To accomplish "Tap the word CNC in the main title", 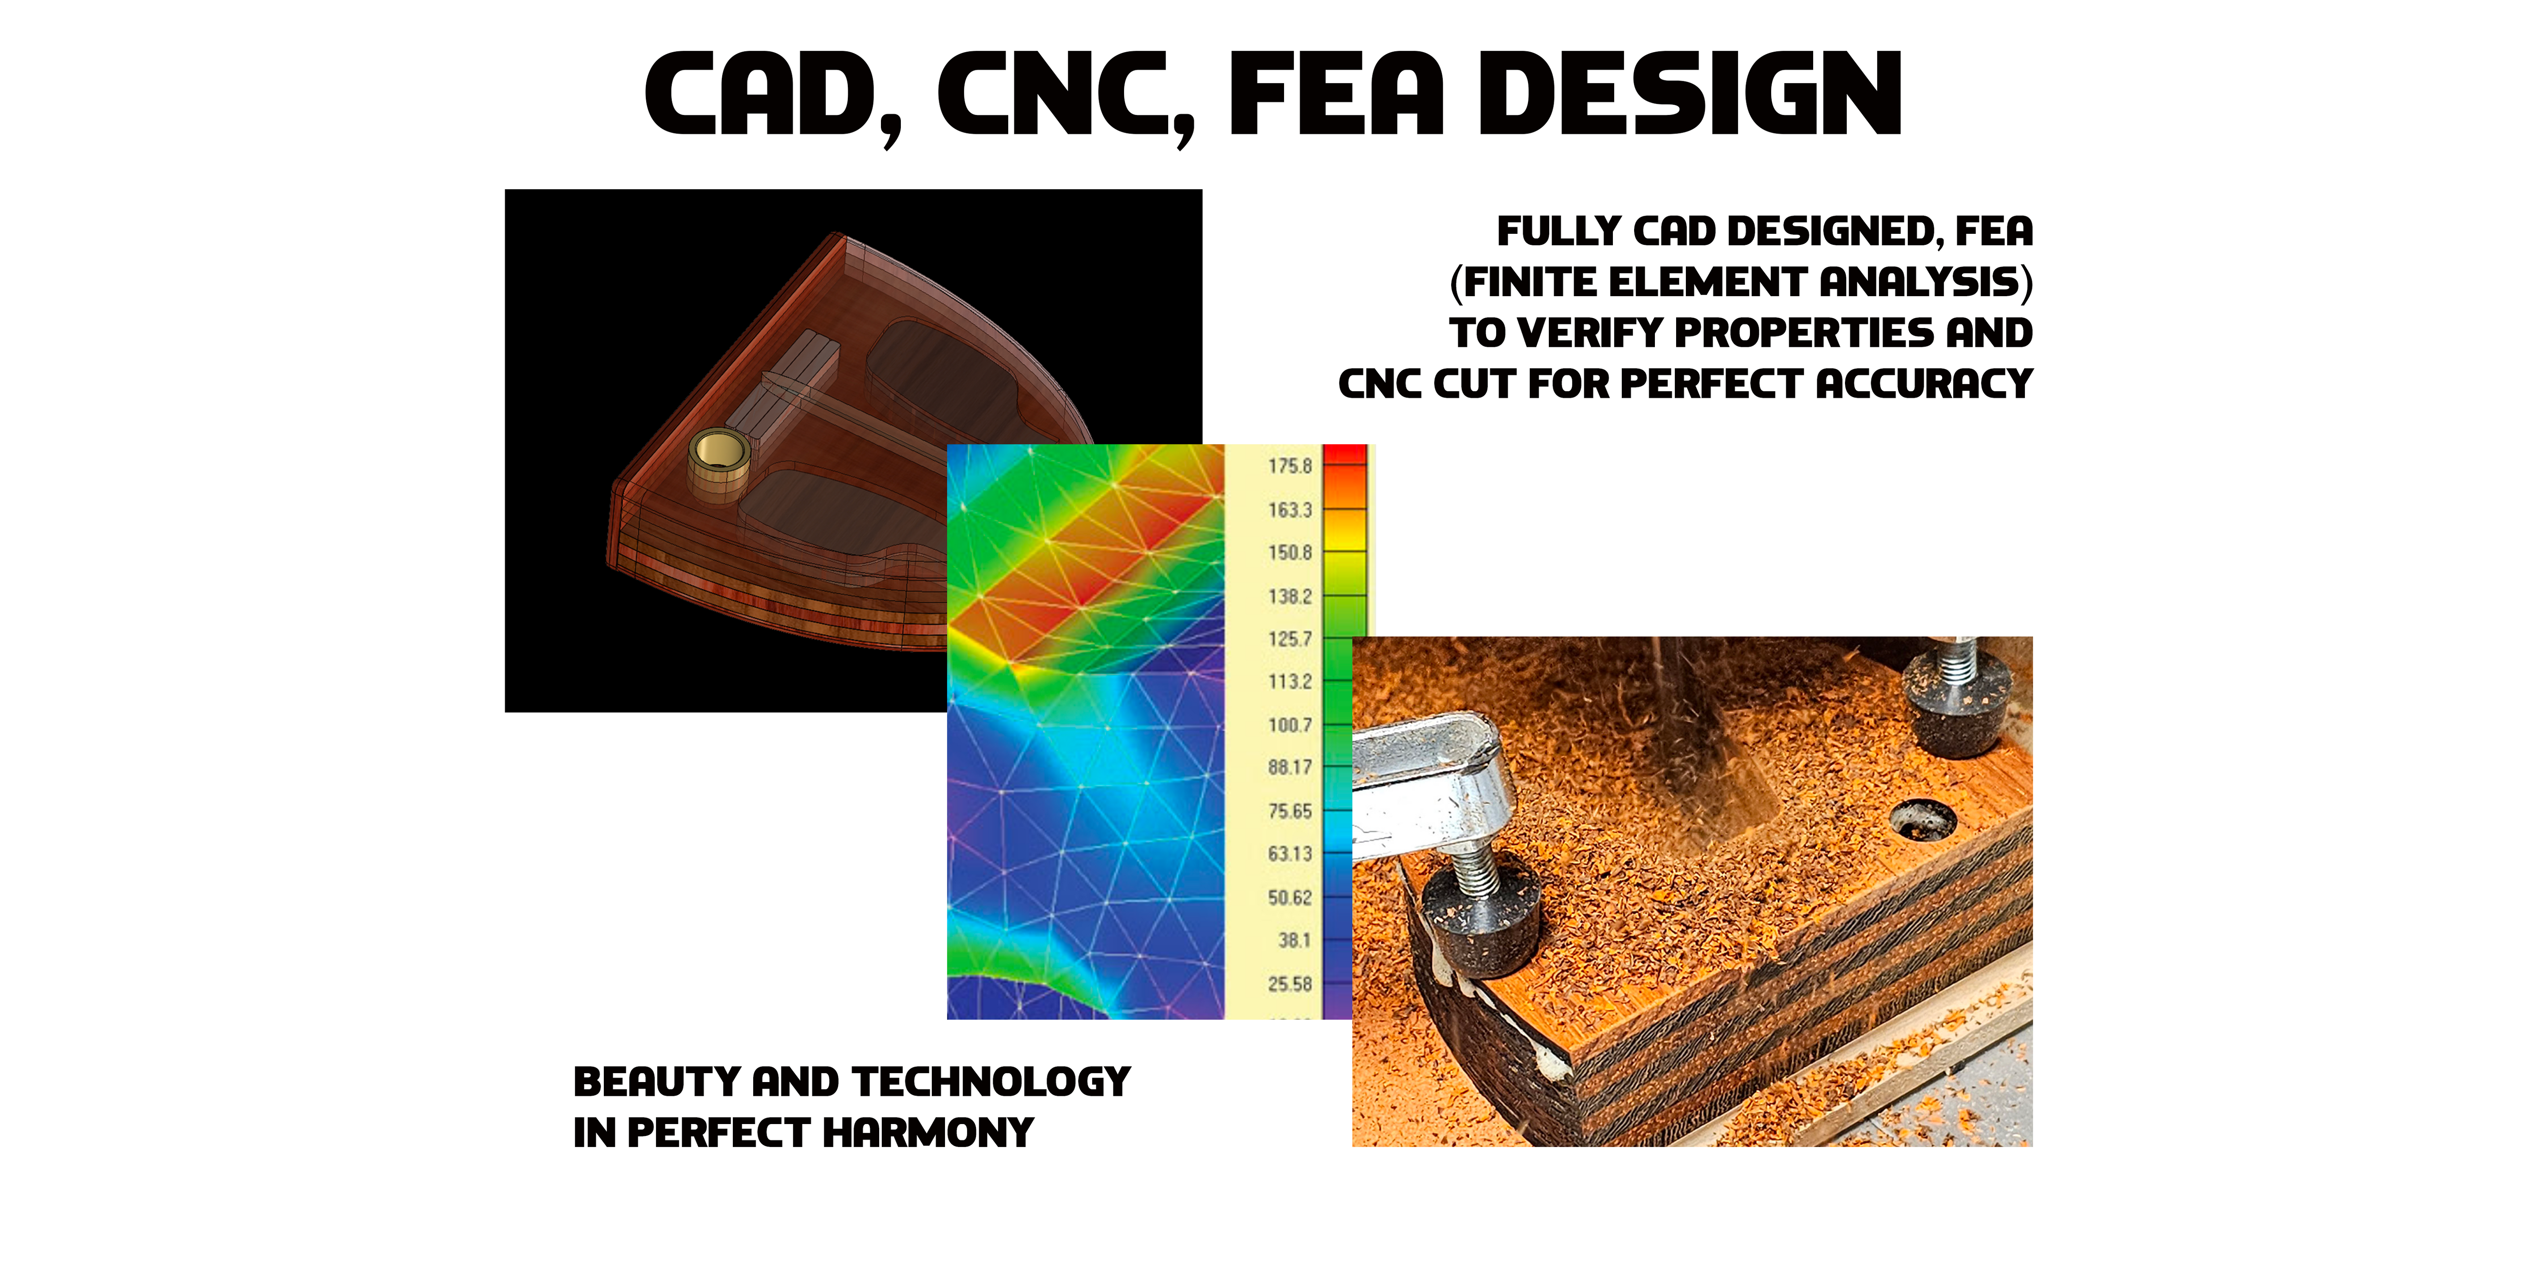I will pos(1065,96).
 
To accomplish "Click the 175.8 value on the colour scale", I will pos(1290,465).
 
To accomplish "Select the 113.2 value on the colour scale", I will pos(1290,682).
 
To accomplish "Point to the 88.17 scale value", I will pos(1290,768).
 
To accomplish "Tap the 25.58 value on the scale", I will pos(1290,984).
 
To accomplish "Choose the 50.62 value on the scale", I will pos(1290,897).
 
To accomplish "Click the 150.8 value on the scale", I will pos(1290,553).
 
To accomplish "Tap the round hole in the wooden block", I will pos(1923,819).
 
